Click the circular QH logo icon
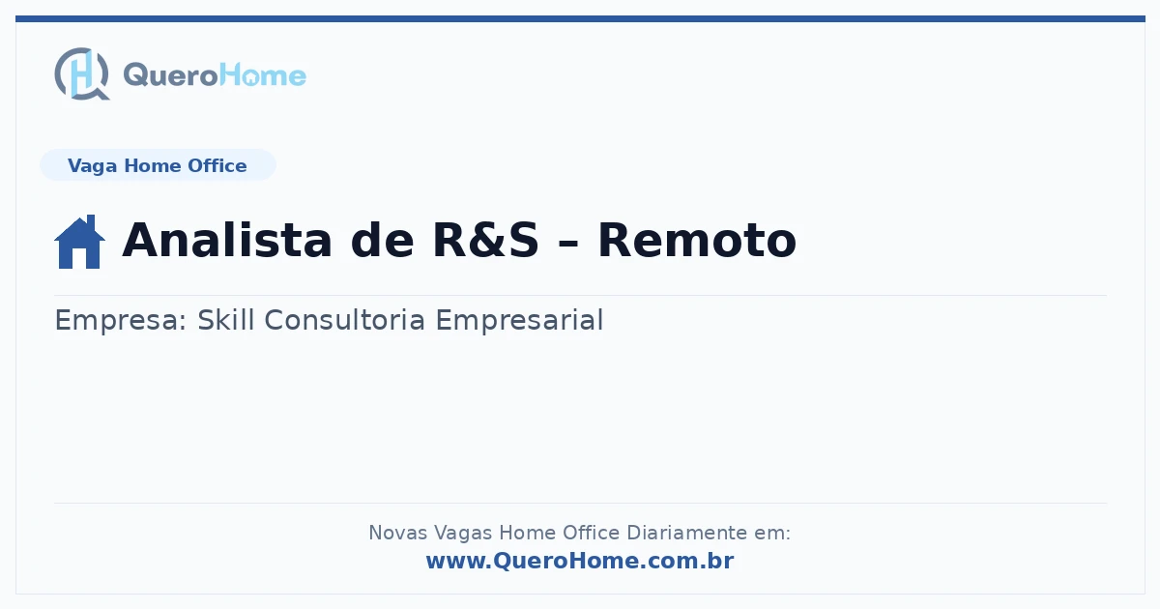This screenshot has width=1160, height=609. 82,73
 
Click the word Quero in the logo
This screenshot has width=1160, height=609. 170,75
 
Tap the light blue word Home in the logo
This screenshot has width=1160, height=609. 263,75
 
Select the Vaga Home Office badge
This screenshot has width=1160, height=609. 158,165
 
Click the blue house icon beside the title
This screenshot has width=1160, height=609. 79,242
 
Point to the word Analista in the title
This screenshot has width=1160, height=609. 227,240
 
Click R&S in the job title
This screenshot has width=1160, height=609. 485,240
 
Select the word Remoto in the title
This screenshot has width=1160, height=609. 697,240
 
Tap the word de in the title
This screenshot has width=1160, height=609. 382,240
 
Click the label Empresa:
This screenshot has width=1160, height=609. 121,320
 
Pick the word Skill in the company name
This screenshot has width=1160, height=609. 226,319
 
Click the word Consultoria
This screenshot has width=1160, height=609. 344,319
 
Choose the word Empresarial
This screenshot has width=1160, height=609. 519,320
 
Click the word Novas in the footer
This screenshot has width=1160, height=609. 397,533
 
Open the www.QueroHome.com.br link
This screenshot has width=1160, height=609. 580,561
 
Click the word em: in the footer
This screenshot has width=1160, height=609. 772,534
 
